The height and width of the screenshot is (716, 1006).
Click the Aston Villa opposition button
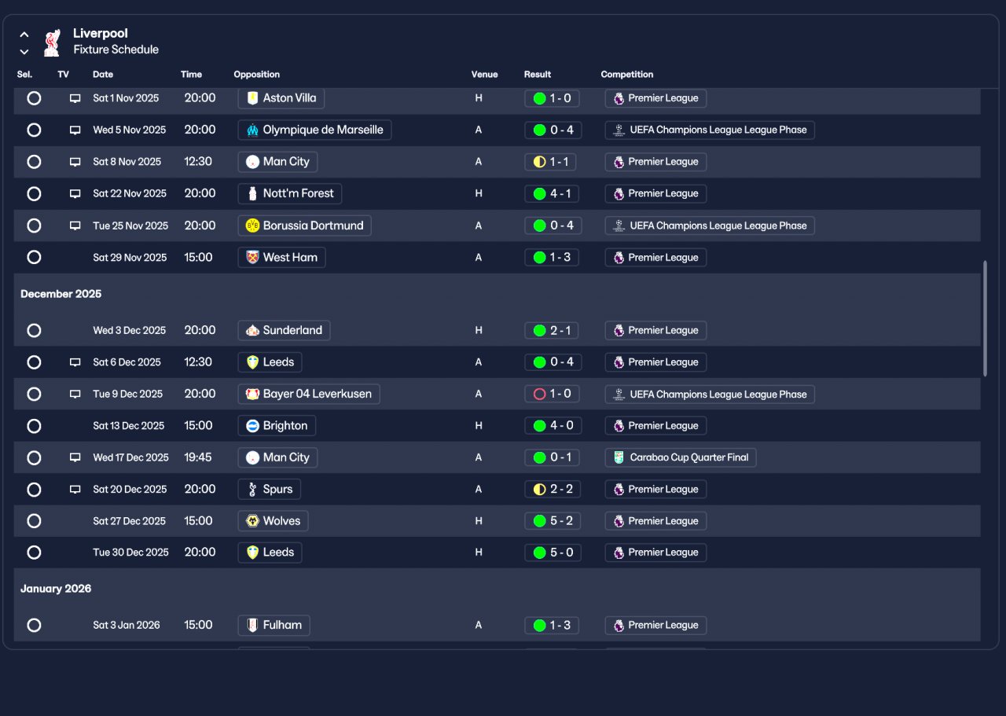click(281, 98)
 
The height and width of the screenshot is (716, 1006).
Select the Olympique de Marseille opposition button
click(314, 130)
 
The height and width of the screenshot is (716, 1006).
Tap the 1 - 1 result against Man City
click(552, 162)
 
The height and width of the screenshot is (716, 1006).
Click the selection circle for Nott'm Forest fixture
click(34, 193)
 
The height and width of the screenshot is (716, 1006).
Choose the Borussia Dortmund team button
click(304, 226)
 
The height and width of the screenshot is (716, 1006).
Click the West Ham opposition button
click(281, 257)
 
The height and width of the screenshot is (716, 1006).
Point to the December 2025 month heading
click(61, 294)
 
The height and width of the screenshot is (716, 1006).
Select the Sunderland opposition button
click(284, 330)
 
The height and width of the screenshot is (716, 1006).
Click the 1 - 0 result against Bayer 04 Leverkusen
click(552, 394)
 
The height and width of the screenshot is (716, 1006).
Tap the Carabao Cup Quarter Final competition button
click(681, 457)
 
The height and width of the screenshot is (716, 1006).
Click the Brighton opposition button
click(277, 426)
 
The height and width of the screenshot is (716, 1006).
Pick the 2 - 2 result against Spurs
click(552, 489)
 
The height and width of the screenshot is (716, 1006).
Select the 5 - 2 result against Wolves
click(552, 521)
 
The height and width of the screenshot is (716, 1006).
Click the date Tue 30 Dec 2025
click(130, 553)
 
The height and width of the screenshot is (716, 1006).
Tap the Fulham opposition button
click(274, 626)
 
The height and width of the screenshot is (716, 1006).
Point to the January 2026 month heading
click(56, 589)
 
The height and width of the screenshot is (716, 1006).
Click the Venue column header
click(484, 75)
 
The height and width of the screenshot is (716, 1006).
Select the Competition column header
click(627, 75)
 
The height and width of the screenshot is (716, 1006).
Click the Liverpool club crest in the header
click(52, 42)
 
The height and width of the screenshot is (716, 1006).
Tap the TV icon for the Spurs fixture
click(75, 489)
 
